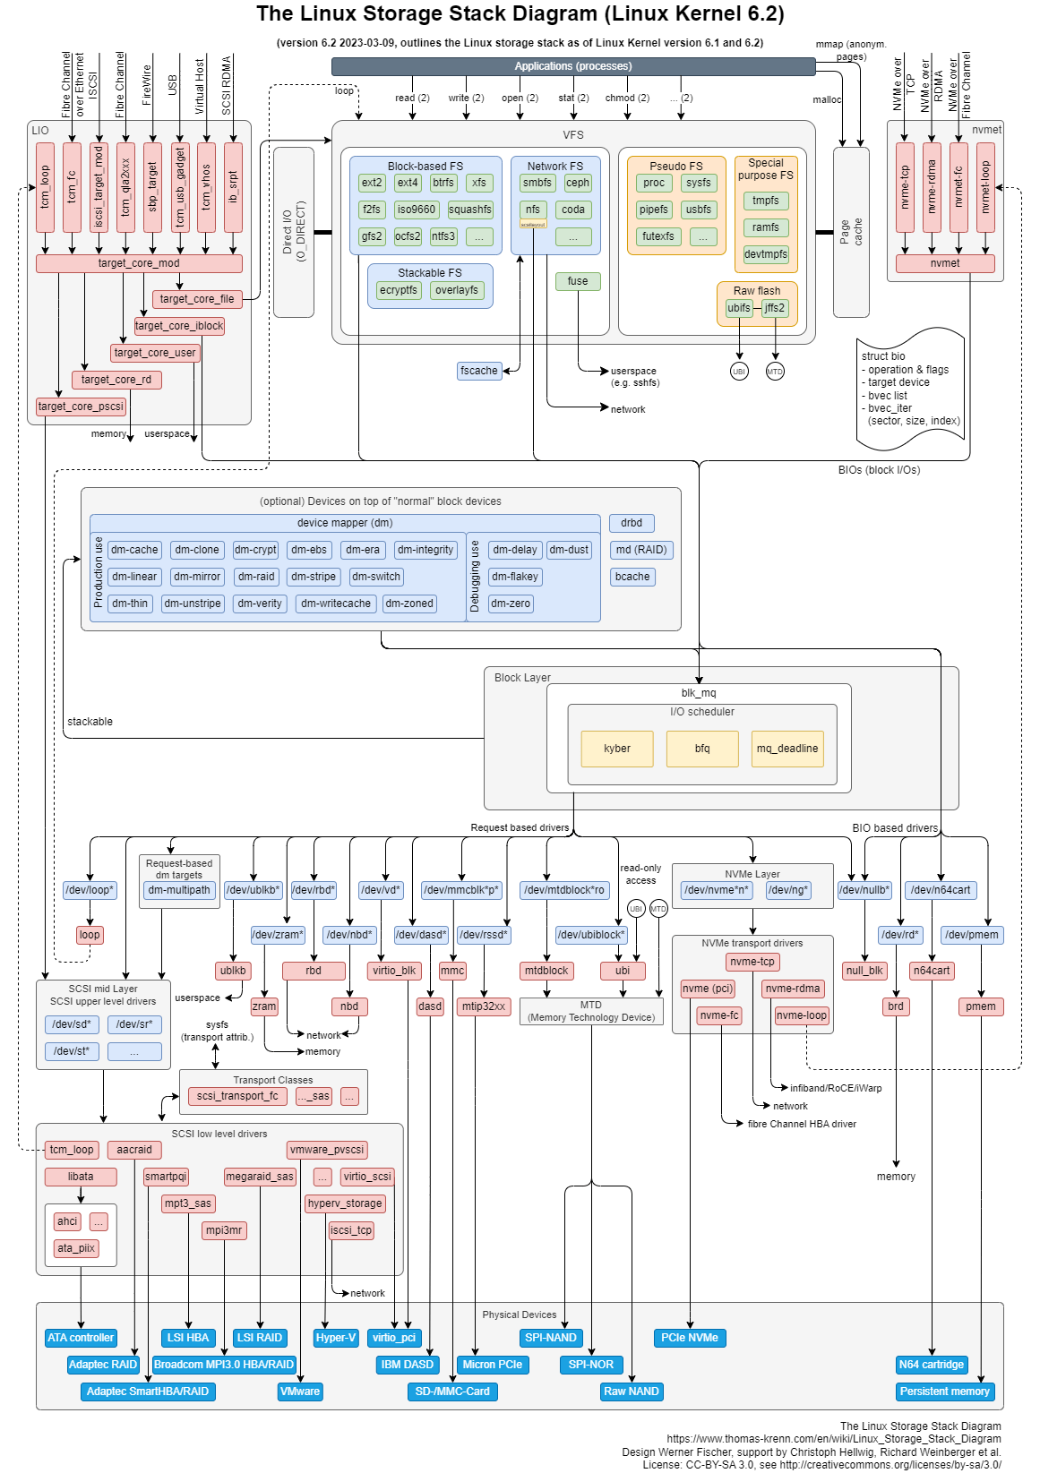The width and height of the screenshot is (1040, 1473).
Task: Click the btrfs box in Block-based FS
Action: tap(443, 183)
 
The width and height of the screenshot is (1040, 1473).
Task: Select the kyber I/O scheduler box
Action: tap(617, 749)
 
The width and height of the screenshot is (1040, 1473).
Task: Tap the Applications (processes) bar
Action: tap(573, 66)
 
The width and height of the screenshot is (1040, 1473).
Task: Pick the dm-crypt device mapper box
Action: tap(255, 550)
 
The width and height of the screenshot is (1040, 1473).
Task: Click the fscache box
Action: tap(479, 371)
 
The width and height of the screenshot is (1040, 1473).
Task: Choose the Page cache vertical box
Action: tap(851, 232)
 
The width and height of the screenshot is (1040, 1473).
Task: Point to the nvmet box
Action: tap(945, 263)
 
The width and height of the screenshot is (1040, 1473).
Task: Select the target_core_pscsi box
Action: tap(81, 407)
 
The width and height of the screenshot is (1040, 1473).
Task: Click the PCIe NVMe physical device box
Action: tap(690, 1338)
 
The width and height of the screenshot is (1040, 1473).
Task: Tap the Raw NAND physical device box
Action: tap(632, 1392)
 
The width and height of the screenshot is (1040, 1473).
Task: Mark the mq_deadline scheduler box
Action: tap(787, 749)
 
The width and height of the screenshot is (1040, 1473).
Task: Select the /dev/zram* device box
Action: tap(278, 935)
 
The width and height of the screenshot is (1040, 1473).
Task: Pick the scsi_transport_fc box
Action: tap(237, 1096)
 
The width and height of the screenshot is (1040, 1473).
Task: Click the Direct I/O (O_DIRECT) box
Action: tap(294, 232)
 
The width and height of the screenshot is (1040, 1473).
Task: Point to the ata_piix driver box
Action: tap(76, 1248)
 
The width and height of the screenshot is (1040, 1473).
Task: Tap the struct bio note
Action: tap(910, 389)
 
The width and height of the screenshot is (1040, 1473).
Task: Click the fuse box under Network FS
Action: tap(578, 281)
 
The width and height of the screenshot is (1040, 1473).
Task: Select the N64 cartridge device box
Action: tap(932, 1365)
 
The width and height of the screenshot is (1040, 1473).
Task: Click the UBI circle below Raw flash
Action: tap(739, 371)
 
